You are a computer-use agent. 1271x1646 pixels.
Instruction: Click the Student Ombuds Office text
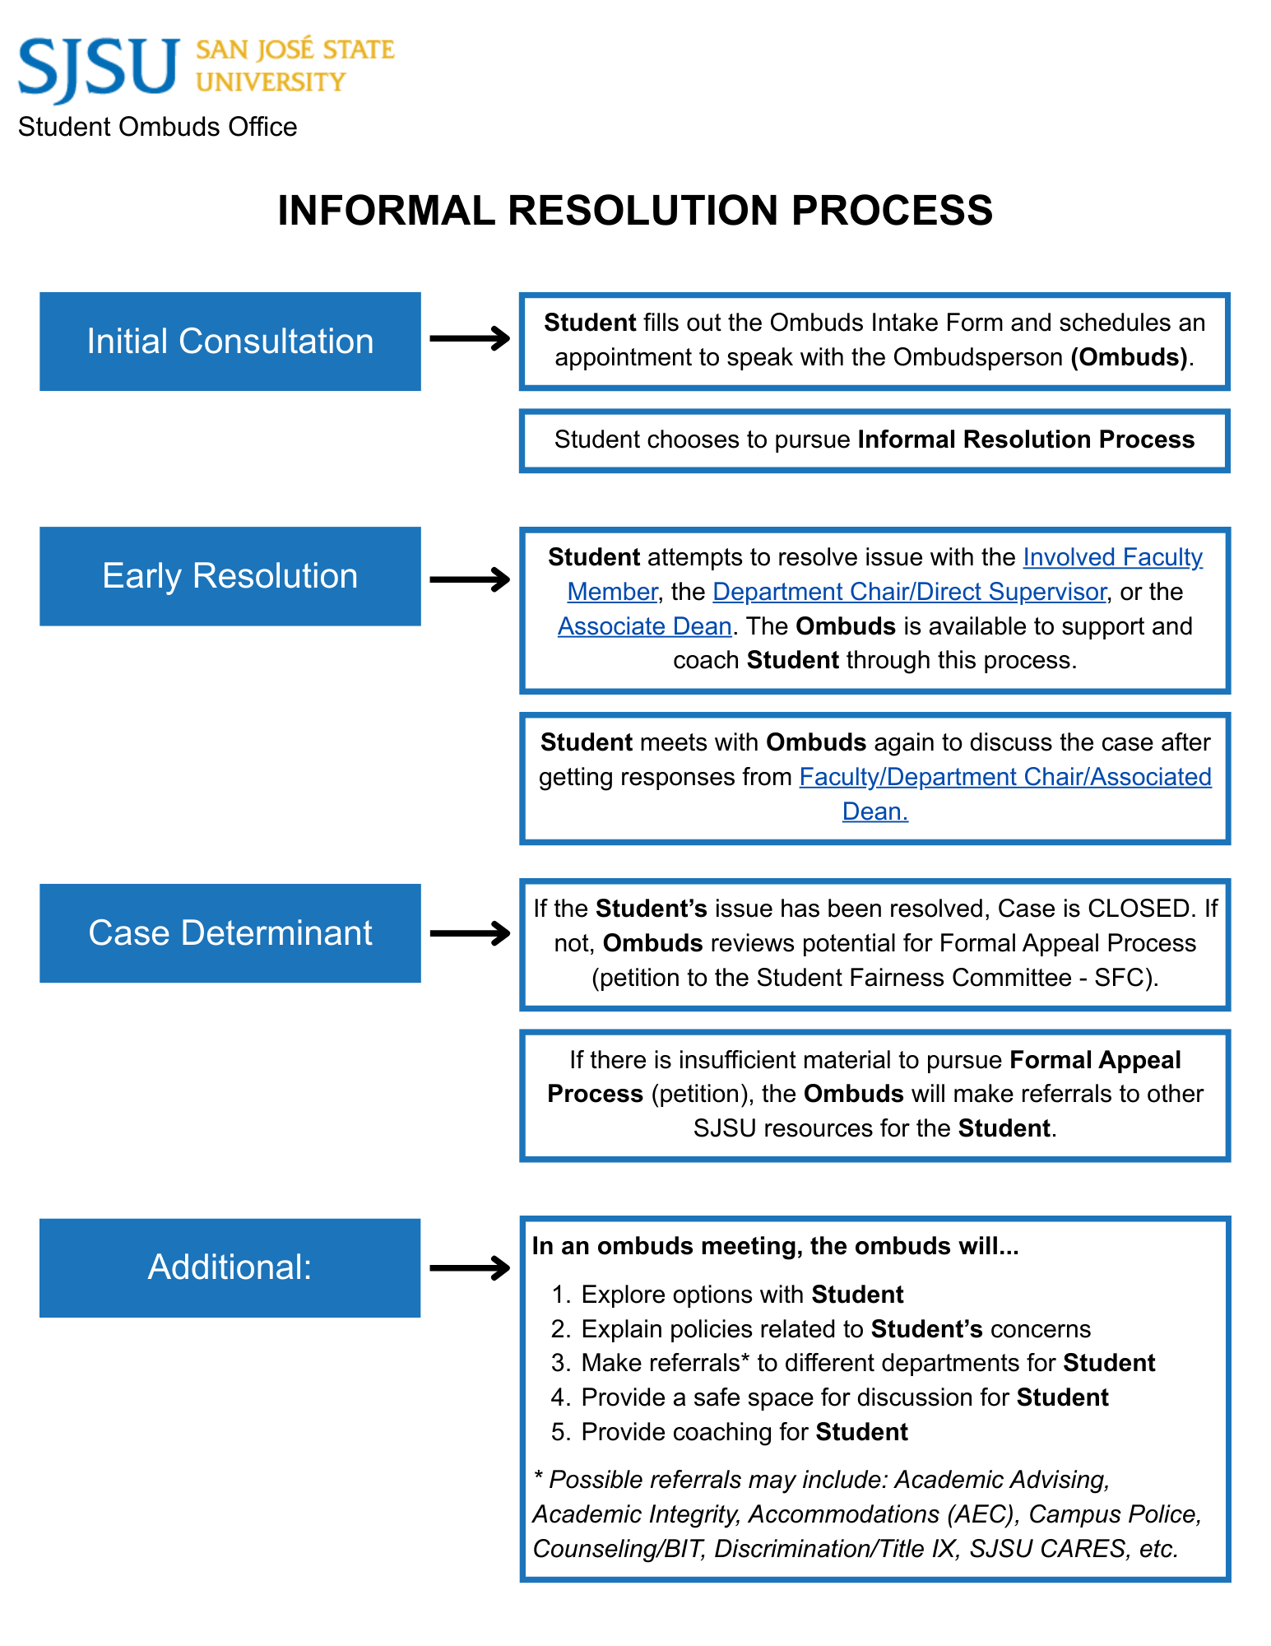[x=157, y=127]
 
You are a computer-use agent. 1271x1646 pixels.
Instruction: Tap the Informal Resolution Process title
[x=635, y=211]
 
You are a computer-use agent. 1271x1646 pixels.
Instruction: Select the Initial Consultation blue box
[x=230, y=342]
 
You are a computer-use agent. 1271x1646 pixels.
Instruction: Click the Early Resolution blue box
[x=230, y=576]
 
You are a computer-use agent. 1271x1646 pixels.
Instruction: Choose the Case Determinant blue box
[x=230, y=933]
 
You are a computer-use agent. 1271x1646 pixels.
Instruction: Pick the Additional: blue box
[x=230, y=1267]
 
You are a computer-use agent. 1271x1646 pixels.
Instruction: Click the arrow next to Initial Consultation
[x=470, y=338]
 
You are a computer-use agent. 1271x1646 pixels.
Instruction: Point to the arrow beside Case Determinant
[x=470, y=933]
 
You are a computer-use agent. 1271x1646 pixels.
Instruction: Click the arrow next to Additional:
[x=470, y=1267]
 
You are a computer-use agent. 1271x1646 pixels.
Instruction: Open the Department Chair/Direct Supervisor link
[x=908, y=592]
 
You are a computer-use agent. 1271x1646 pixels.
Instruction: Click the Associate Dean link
[x=644, y=626]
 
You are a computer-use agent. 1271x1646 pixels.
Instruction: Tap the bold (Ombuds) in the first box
[x=1130, y=357]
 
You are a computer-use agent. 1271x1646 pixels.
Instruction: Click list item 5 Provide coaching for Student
[x=744, y=1432]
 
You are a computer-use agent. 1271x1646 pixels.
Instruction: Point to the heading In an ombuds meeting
[x=775, y=1246]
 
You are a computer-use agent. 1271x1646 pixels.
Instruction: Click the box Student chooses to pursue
[x=874, y=440]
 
